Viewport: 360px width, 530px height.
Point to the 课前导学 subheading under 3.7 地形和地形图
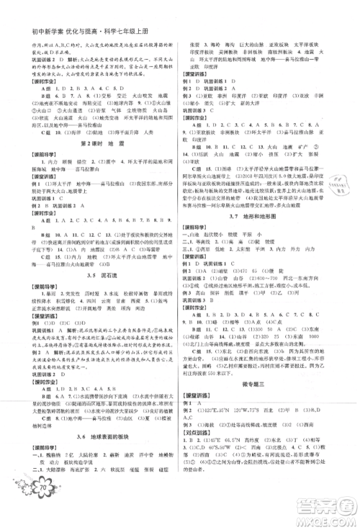click(200, 248)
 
